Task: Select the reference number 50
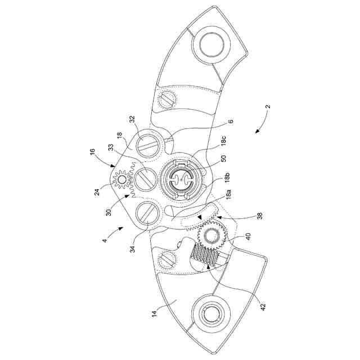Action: click(x=223, y=159)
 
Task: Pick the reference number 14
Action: click(x=155, y=313)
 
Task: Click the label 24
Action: click(x=97, y=192)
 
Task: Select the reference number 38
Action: click(x=260, y=216)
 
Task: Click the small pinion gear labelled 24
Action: click(x=121, y=179)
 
